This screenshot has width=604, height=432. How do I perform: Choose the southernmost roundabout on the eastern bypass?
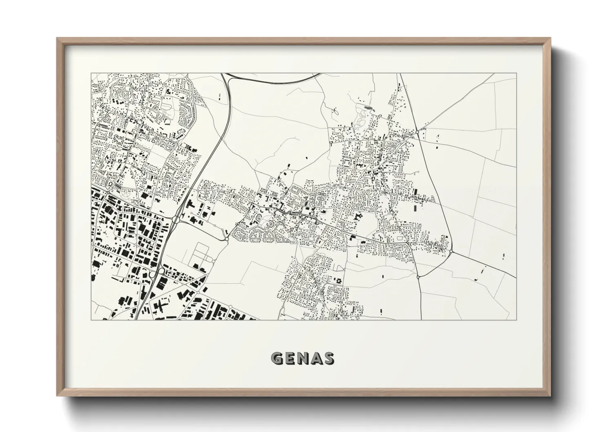pos(418,277)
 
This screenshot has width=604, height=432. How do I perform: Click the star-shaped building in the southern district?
pos(338,281)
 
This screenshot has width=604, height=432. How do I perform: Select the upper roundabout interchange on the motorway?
pos(175,219)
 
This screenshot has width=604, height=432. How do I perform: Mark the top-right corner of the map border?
pos(516,73)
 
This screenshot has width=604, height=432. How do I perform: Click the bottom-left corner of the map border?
pos(91,320)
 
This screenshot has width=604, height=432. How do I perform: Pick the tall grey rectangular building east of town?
pos(415,207)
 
